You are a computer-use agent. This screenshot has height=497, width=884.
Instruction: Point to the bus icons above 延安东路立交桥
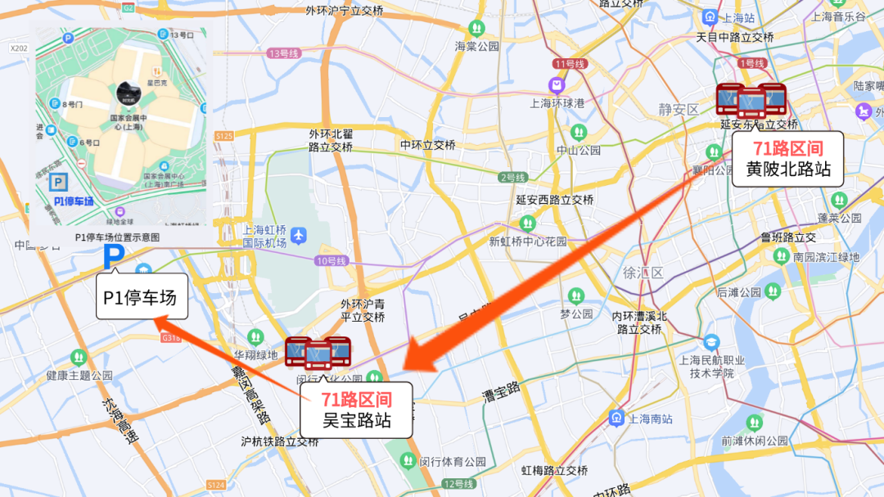[x=751, y=100]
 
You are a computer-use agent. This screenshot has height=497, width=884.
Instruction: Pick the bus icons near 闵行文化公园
[x=318, y=352]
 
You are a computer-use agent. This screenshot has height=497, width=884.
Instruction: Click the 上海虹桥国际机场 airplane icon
[x=299, y=236]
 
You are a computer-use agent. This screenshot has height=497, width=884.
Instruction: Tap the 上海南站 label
[x=651, y=418]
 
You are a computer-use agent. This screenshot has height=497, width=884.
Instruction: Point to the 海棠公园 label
[x=477, y=47]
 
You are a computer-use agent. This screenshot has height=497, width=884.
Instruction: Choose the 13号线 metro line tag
[x=284, y=53]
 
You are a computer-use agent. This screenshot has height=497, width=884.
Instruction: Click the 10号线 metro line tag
[x=331, y=261]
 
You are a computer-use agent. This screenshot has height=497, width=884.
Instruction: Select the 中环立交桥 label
[x=427, y=145]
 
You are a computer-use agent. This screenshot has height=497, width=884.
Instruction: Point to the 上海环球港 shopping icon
[x=557, y=84]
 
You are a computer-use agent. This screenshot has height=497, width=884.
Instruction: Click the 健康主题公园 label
[x=79, y=376]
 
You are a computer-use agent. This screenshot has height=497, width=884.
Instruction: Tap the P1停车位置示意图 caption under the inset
[x=118, y=237]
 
